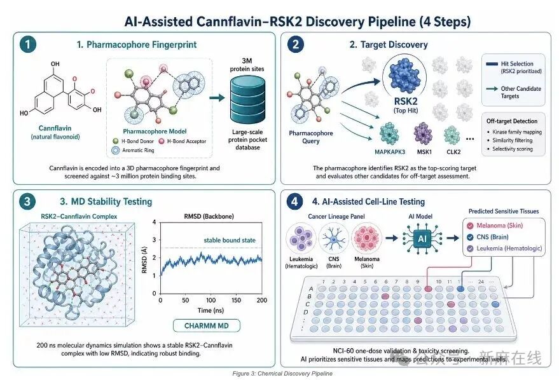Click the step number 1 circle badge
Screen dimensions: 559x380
(x=28, y=44)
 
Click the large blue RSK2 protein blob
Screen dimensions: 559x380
(x=404, y=75)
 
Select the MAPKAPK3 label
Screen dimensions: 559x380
(x=390, y=152)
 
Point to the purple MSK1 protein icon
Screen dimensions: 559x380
(x=423, y=134)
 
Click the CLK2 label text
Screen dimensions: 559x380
(x=453, y=152)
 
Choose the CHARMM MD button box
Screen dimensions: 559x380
(x=207, y=325)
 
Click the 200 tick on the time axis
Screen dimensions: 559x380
(x=261, y=300)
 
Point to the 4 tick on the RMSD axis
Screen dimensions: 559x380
(x=155, y=222)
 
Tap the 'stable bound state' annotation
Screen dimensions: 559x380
(x=230, y=240)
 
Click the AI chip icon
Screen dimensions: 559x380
(x=422, y=238)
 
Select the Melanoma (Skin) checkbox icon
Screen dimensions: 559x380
(x=470, y=226)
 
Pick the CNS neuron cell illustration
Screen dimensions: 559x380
(x=334, y=238)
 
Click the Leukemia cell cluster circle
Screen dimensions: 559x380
(x=301, y=238)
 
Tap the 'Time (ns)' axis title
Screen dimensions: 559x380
(x=210, y=310)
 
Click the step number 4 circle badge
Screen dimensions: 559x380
(x=294, y=201)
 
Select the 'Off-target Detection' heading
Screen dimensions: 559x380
(x=512, y=121)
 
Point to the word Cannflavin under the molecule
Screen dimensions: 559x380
(x=55, y=128)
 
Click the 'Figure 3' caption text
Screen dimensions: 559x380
(x=282, y=373)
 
